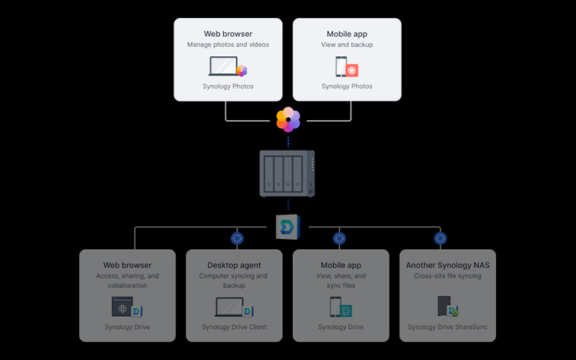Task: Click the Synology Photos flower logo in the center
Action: point(289,120)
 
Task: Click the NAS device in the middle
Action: point(287,174)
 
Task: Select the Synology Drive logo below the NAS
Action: point(289,227)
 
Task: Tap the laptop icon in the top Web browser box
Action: point(223,66)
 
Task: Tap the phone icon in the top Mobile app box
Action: point(341,66)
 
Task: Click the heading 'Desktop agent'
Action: point(234,265)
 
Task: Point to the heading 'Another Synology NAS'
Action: point(448,265)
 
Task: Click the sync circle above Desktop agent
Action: point(237,238)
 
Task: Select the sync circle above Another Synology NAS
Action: point(440,238)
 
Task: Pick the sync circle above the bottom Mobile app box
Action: point(339,238)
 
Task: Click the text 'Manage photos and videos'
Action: point(228,45)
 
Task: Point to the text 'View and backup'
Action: point(347,45)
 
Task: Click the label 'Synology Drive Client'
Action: point(234,327)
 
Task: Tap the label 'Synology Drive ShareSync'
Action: point(448,327)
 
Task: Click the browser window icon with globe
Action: point(122,307)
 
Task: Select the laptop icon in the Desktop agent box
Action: point(229,307)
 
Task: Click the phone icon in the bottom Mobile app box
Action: point(335,307)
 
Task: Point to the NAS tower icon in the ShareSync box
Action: point(444,306)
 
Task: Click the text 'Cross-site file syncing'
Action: point(448,276)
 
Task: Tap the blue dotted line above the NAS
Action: point(289,142)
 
